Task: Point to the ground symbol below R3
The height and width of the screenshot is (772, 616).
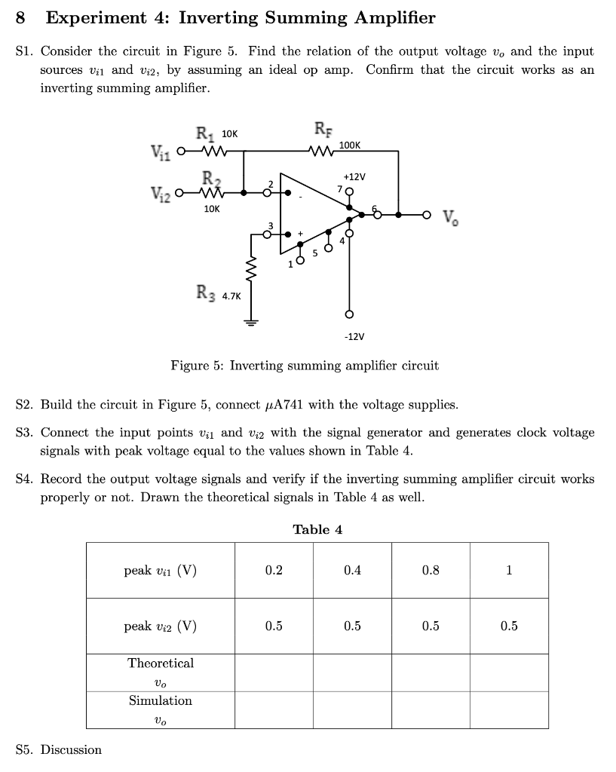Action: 250,320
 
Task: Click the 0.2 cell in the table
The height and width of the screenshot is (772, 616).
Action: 274,570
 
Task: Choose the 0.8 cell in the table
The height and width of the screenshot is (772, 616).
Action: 431,570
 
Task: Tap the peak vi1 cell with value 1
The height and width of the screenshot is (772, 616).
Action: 509,570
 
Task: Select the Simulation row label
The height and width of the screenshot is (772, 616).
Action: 161,701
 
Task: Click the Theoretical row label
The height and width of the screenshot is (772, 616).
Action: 161,663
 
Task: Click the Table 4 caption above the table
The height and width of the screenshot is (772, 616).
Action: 317,529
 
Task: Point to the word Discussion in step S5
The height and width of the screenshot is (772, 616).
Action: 71,749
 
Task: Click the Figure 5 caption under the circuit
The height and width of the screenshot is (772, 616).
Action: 305,366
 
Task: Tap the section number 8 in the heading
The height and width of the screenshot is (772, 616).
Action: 21,17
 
